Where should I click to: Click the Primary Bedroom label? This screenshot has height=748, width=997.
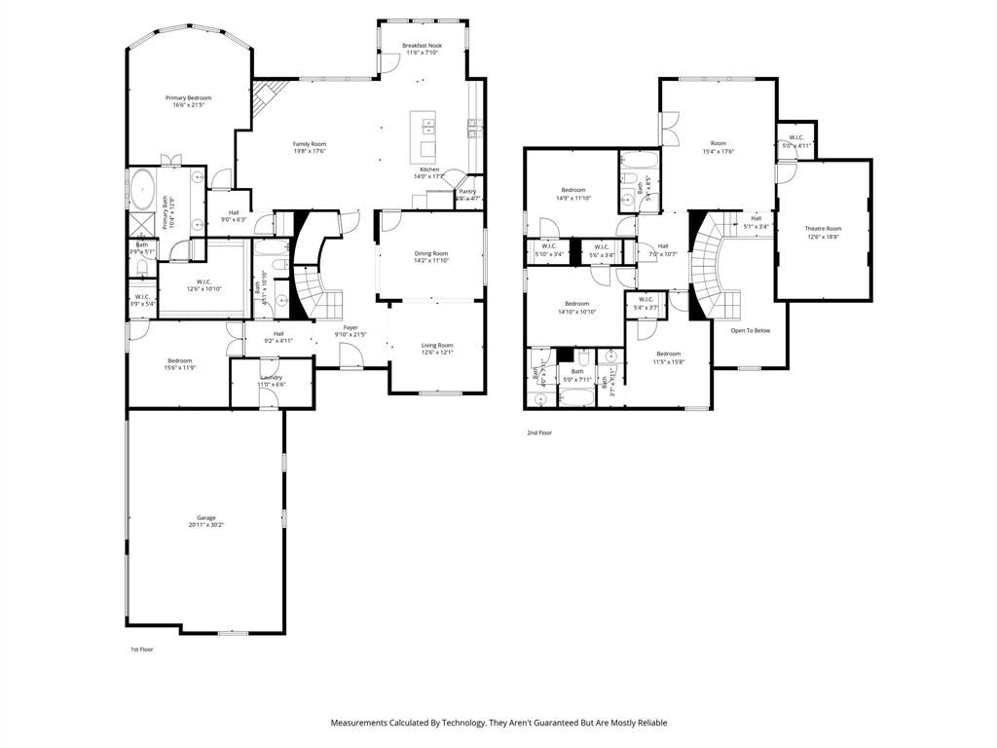click(188, 97)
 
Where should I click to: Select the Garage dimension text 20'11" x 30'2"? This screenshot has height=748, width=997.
click(205, 525)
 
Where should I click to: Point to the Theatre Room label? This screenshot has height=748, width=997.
click(823, 229)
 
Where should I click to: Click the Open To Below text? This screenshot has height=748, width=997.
click(751, 330)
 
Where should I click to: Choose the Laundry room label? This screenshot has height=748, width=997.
click(272, 377)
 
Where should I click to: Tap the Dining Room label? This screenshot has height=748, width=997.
click(431, 253)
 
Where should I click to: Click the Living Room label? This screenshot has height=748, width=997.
click(437, 345)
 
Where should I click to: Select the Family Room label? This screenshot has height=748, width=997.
click(310, 143)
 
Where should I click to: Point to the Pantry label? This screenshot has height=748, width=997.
click(467, 192)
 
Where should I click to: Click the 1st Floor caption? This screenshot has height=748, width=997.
click(142, 649)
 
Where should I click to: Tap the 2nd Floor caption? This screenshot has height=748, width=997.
click(539, 432)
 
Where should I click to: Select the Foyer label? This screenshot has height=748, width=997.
click(351, 327)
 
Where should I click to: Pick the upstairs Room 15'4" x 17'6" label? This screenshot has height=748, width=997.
click(719, 143)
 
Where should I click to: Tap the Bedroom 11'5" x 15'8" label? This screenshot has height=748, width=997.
click(668, 354)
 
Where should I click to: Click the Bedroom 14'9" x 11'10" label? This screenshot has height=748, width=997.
click(573, 190)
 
